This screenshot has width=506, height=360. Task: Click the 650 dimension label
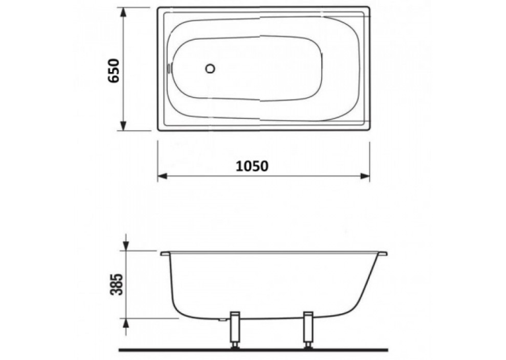[x=114, y=71]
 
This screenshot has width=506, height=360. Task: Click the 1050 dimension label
[x=252, y=166]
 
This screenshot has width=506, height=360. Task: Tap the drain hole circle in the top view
[x=210, y=69]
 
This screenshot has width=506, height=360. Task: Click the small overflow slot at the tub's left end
[x=168, y=69]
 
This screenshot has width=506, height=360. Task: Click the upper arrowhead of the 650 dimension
[x=123, y=13]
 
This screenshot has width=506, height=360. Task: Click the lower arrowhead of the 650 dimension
[x=123, y=125]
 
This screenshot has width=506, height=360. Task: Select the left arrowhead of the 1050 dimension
[x=163, y=176]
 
